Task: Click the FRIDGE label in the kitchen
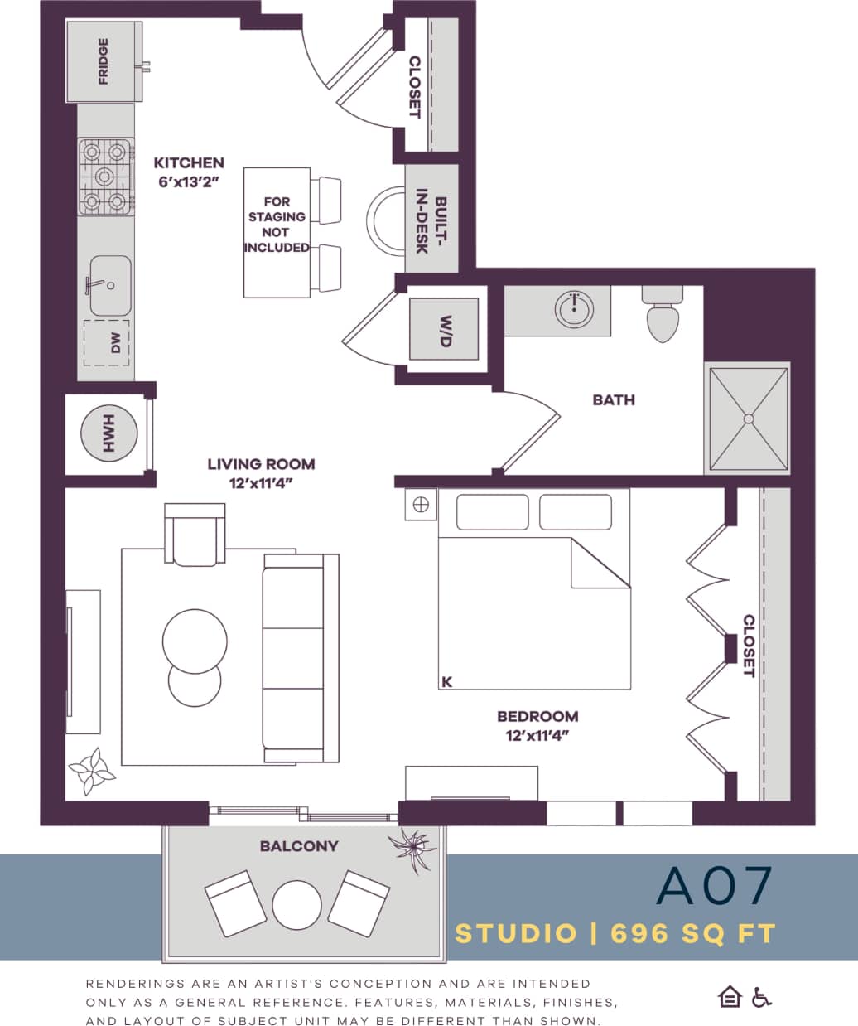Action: pyautogui.click(x=104, y=62)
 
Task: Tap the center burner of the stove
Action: pyautogui.click(x=106, y=176)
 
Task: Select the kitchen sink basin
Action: pyautogui.click(x=110, y=286)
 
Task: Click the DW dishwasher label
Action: pyautogui.click(x=116, y=343)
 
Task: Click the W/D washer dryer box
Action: pyautogui.click(x=445, y=328)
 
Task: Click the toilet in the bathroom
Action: pyautogui.click(x=663, y=314)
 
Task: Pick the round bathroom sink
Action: pyautogui.click(x=574, y=308)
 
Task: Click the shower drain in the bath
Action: pyautogui.click(x=750, y=419)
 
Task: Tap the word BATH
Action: pyautogui.click(x=614, y=399)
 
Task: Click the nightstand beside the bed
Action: pyautogui.click(x=420, y=504)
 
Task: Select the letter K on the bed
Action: pyautogui.click(x=447, y=682)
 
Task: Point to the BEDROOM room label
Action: pyautogui.click(x=537, y=716)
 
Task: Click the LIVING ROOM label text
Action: pyautogui.click(x=261, y=464)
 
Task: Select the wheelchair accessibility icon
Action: pyautogui.click(x=762, y=997)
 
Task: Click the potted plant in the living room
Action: pyautogui.click(x=91, y=771)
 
